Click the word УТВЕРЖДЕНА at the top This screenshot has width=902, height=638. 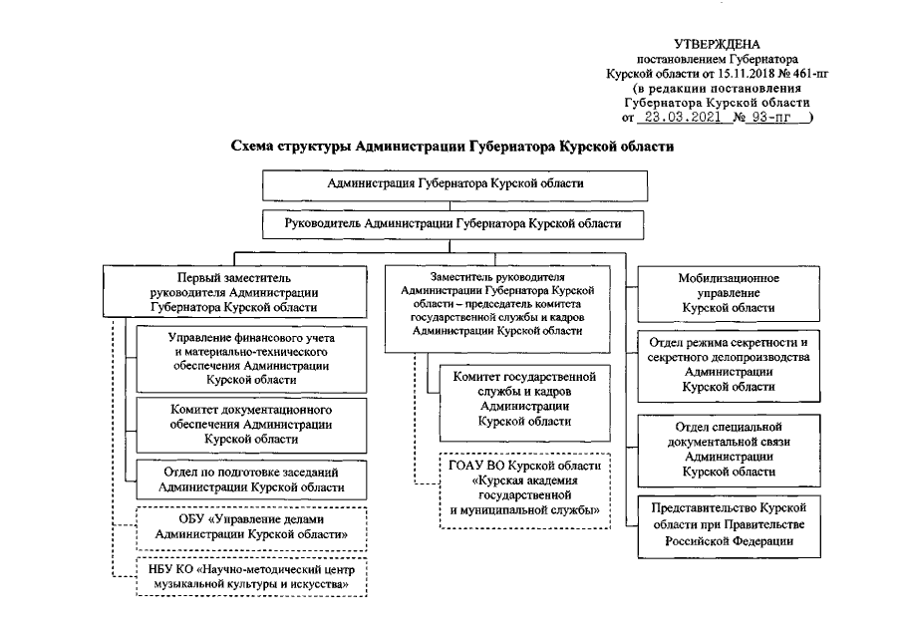(x=717, y=44)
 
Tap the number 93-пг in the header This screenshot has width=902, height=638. (x=773, y=117)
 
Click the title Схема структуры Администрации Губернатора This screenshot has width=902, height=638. (x=452, y=147)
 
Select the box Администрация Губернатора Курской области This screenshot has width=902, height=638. (x=455, y=184)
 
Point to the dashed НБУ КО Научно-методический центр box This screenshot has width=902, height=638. (x=249, y=576)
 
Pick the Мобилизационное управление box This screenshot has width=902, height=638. (x=730, y=293)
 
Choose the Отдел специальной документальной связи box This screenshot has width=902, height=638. (x=730, y=448)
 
